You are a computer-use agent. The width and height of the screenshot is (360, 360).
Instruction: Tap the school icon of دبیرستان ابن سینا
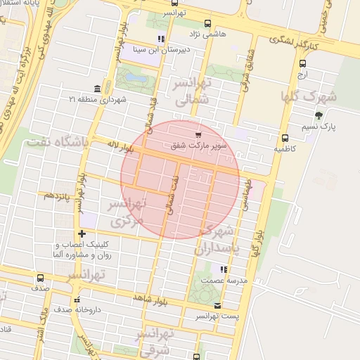point(161,39)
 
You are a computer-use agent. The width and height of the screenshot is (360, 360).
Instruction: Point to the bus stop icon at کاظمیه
point(284,139)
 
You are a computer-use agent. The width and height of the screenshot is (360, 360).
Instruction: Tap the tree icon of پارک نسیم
point(319,115)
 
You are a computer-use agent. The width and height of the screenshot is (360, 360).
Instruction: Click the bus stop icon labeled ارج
point(302,62)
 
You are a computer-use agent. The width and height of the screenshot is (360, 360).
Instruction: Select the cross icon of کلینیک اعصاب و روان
point(82,233)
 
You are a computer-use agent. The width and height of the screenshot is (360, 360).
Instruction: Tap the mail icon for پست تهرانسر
point(217,305)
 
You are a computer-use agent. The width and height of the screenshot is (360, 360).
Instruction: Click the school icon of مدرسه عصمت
point(224,269)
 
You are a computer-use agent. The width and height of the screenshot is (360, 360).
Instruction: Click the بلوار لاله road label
point(119,147)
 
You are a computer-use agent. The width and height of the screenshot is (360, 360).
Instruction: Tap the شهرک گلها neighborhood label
point(309,96)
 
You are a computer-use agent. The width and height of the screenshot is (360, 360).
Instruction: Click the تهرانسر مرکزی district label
point(127,212)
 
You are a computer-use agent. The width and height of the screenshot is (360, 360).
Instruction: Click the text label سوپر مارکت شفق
point(198,147)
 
